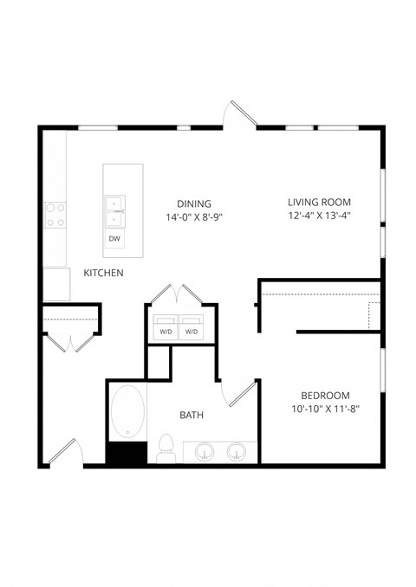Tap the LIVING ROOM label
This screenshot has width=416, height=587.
319,203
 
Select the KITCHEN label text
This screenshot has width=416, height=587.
103,274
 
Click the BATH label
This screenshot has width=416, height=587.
192,416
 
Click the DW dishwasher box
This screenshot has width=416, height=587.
114,238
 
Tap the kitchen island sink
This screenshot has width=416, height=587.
114,203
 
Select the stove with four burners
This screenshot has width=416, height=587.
55,215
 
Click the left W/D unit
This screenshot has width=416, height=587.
166,332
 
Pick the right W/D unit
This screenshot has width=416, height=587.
191,332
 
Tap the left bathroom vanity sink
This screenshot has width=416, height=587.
205,452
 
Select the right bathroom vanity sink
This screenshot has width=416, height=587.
237,452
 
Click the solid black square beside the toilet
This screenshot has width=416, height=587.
127,454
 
